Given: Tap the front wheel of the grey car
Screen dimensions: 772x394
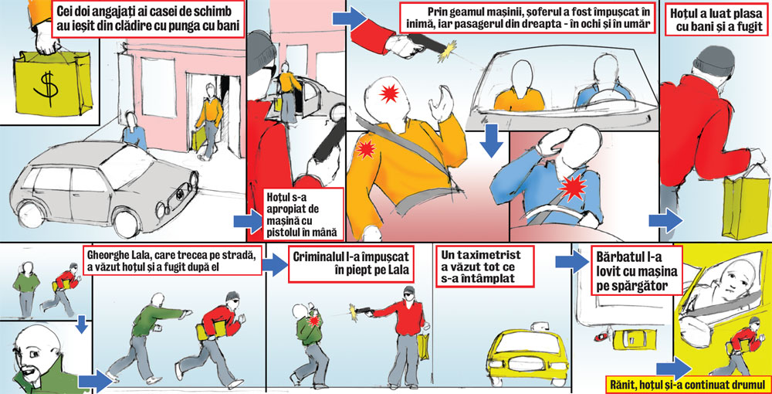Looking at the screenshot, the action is (x=126, y=222).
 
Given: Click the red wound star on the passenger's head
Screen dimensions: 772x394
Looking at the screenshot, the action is (x=389, y=93).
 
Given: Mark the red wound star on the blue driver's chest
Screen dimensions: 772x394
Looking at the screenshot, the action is (x=574, y=188).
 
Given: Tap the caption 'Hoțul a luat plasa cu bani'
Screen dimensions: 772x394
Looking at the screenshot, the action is (x=713, y=19).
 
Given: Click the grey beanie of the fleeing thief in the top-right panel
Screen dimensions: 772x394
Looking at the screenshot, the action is (x=712, y=59).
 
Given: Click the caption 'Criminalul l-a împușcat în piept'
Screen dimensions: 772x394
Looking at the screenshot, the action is (x=350, y=264).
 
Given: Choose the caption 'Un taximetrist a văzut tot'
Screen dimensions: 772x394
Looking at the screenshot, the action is (x=485, y=266).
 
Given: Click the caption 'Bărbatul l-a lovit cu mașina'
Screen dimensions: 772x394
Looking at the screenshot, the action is (x=637, y=270).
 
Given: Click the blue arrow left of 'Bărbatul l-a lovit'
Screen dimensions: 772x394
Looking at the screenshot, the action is (x=571, y=261).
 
